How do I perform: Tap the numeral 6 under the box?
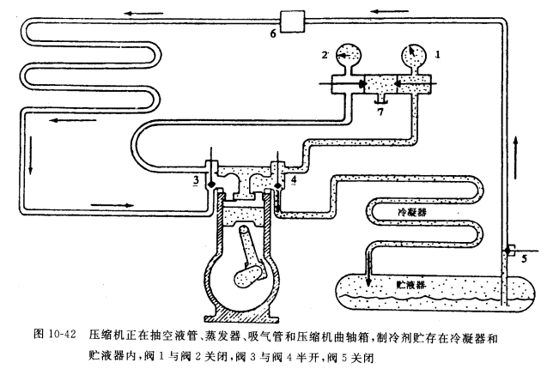274,33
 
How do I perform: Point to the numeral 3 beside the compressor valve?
196,181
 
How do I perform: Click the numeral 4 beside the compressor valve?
294,179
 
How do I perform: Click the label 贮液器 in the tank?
412,281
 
